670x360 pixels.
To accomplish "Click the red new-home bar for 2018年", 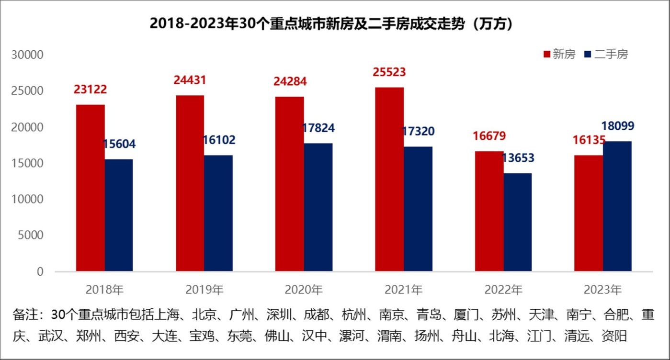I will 91,188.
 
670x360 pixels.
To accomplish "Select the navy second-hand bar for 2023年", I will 617,206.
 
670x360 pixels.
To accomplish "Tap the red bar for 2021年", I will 389,180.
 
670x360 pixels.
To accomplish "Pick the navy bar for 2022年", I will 517,222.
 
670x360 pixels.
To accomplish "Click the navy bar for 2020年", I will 318,207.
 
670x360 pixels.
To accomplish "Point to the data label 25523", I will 389,72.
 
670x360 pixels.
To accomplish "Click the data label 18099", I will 618,126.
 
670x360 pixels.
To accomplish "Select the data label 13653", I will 518,158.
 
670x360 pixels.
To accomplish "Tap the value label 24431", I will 190,80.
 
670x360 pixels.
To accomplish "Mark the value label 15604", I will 119,144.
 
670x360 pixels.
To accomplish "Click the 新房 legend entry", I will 559,54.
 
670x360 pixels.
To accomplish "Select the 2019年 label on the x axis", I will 204,290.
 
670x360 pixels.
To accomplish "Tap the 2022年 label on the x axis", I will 503,290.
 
